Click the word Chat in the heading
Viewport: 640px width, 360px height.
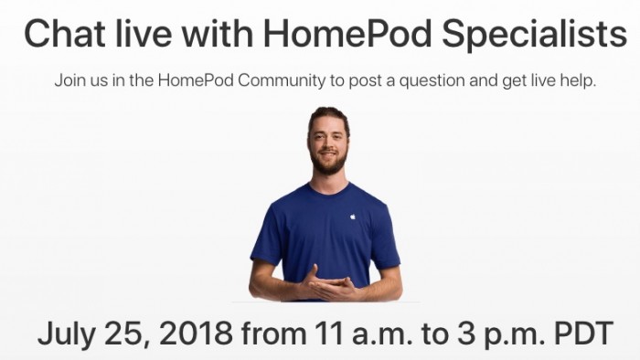pyautogui.click(x=60, y=34)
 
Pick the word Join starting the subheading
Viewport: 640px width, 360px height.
pyautogui.click(x=69, y=80)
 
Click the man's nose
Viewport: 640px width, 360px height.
pyautogui.click(x=328, y=146)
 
